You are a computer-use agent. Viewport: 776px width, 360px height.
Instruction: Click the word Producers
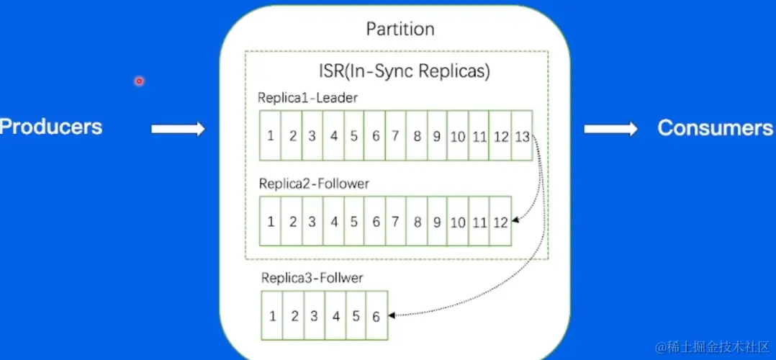pos(51,127)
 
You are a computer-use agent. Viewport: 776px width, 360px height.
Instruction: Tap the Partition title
pos(400,30)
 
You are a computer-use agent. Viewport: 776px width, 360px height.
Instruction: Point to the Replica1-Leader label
pos(308,98)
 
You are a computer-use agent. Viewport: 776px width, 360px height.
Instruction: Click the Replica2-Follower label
pos(314,184)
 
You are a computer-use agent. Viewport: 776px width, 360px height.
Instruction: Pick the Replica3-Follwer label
pos(312,277)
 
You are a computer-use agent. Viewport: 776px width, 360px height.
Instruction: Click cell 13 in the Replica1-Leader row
pos(522,135)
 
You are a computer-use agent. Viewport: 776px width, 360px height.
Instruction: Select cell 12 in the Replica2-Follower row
pos(500,222)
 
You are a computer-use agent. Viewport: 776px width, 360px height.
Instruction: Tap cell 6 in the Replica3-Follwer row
pos(376,315)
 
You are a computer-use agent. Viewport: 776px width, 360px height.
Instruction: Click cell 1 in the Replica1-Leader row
pos(270,135)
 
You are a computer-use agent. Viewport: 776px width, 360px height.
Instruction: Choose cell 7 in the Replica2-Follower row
pos(395,222)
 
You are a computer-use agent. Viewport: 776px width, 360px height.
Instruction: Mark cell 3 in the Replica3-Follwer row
pos(314,315)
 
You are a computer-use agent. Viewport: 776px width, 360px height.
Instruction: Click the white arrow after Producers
pos(178,129)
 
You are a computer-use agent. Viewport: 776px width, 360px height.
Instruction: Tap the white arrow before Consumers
pos(610,129)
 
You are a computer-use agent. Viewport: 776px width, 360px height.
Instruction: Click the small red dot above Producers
pos(139,81)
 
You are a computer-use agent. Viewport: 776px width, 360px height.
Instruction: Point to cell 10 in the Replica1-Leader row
pos(458,135)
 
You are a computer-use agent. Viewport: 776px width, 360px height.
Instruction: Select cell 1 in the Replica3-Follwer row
pos(272,315)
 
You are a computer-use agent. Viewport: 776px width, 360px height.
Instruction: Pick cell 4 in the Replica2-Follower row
pos(333,222)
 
